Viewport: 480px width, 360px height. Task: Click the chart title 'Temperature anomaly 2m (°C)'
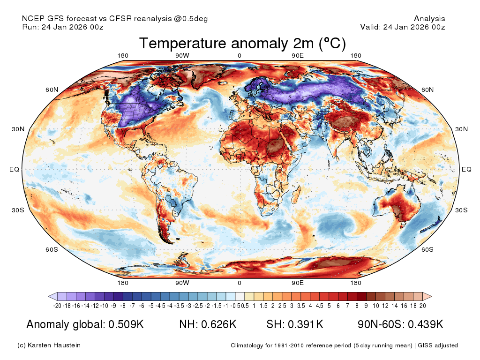pos(242,43)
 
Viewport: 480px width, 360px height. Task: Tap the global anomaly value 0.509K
pos(126,324)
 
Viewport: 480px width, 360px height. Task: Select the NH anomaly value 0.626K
pos(218,324)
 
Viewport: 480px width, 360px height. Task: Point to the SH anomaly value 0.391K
pos(306,324)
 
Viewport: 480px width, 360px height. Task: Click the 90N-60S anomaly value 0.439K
pos(426,324)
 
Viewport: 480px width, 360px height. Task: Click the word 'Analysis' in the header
pos(429,19)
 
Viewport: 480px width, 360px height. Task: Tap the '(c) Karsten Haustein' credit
pos(49,345)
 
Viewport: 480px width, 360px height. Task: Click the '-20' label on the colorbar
pos(57,306)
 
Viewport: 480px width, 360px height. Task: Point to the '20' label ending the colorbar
pos(422,306)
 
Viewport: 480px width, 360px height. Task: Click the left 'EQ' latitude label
pos(14,169)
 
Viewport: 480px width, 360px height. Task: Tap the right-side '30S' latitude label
pos(461,210)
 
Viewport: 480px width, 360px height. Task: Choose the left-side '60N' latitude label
pos(52,90)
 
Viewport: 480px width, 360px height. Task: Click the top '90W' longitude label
pos(182,56)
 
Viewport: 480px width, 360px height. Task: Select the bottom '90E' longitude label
pos(298,283)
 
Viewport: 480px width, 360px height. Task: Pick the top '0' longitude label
pos(240,56)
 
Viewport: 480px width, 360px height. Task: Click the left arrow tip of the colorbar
pos(48,296)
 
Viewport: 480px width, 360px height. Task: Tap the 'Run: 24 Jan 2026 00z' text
pos(63,27)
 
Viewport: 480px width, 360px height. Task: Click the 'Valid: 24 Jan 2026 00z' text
pos(403,27)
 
